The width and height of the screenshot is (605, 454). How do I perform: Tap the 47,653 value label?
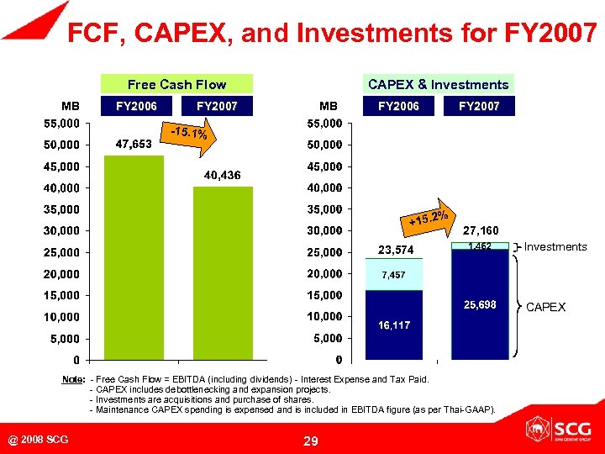(134, 145)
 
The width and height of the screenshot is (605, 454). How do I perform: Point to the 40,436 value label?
(223, 175)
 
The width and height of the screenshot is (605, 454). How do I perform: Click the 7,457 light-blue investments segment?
(394, 275)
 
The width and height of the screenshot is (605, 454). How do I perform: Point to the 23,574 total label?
(394, 250)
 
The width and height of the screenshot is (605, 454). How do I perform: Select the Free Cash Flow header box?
(176, 84)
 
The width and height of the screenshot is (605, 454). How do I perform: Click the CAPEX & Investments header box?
(439, 84)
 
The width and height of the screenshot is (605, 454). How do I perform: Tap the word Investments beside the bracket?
(555, 246)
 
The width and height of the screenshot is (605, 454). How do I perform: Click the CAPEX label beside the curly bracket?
(545, 307)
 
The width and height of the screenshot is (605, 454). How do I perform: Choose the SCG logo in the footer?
(555, 430)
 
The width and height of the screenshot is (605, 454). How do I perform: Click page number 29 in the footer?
(311, 441)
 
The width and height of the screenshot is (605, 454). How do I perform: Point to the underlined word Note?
(74, 379)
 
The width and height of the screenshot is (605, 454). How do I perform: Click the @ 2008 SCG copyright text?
(39, 440)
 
